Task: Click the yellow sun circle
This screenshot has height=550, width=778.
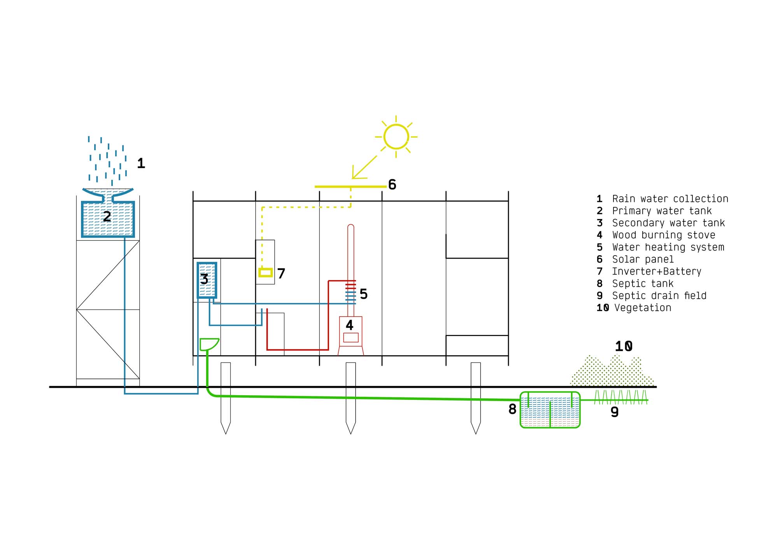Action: [x=396, y=137]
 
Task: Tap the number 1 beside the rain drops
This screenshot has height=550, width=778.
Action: [x=141, y=163]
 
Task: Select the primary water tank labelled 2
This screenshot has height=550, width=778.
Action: [x=108, y=219]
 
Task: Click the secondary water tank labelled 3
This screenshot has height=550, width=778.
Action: [x=207, y=280]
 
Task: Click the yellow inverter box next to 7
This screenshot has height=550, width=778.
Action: [x=266, y=273]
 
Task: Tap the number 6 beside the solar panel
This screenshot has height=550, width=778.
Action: [x=392, y=185]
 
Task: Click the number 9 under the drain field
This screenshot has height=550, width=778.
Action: [x=615, y=412]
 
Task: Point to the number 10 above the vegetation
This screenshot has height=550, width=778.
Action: [x=624, y=346]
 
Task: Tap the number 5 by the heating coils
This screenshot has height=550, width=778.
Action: [x=364, y=294]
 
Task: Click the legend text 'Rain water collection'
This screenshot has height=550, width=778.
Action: [x=670, y=199]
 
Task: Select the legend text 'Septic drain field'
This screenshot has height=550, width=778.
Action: [x=659, y=296]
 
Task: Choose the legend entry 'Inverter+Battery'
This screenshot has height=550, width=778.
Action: [x=657, y=271]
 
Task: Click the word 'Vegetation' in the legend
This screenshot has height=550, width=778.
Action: [x=643, y=308]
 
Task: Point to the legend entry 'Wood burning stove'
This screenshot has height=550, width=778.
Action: [x=664, y=235]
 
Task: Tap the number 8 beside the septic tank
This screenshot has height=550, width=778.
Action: [x=512, y=409]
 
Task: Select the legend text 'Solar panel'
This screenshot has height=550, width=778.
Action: [x=643, y=259]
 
